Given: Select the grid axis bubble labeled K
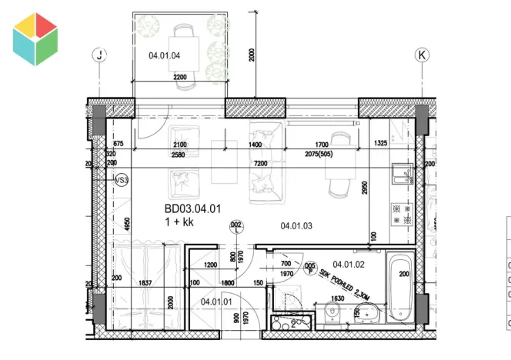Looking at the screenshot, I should pyautogui.click(x=421, y=55).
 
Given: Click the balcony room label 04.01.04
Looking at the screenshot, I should pyautogui.click(x=164, y=55).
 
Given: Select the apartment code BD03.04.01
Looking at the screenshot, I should pyautogui.click(x=192, y=208).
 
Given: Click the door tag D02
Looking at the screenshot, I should pyautogui.click(x=236, y=225).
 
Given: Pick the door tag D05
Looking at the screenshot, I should pyautogui.click(x=310, y=267).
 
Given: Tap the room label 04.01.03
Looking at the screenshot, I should pyautogui.click(x=296, y=225).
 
